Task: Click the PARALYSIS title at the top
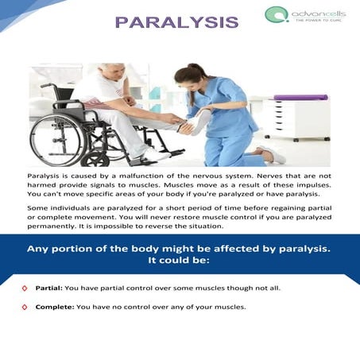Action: tap(176, 21)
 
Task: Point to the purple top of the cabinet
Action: tap(300, 98)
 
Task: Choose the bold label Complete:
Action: tap(54, 307)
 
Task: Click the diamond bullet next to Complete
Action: tap(25, 307)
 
